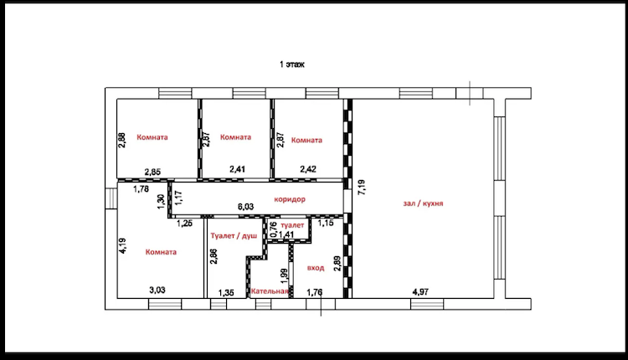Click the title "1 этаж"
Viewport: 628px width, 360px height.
[x=292, y=64]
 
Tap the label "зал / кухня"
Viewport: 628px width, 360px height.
[x=423, y=203]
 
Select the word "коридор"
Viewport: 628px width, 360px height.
[x=290, y=199]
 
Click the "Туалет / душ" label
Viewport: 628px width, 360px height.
[x=234, y=236]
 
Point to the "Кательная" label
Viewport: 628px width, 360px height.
[x=270, y=291]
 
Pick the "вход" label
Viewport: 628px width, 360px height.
[x=316, y=268]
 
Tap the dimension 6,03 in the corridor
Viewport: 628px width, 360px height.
[x=245, y=207]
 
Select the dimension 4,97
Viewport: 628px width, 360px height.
[x=420, y=292]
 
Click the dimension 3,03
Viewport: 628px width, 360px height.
[x=157, y=290]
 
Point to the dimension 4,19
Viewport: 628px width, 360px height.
[x=122, y=245]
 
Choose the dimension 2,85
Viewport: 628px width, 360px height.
[x=152, y=172]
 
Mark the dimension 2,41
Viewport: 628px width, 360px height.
[x=238, y=169]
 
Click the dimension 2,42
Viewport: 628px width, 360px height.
[x=308, y=169]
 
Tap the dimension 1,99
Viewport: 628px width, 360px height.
[x=285, y=276]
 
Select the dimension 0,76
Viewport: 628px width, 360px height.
[x=274, y=229]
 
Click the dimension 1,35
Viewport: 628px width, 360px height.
[x=226, y=293]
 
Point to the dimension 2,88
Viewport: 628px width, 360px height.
[x=122, y=140]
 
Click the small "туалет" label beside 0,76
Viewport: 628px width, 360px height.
[x=292, y=225]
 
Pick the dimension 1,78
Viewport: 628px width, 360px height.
[x=141, y=189]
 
